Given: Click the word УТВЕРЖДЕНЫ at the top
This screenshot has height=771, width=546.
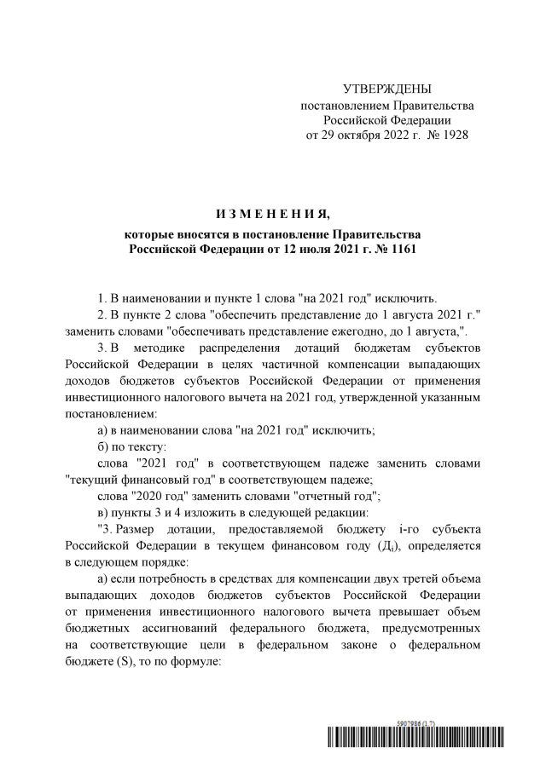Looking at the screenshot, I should click(386, 89).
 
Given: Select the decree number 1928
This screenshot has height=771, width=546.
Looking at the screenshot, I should click(450, 135).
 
